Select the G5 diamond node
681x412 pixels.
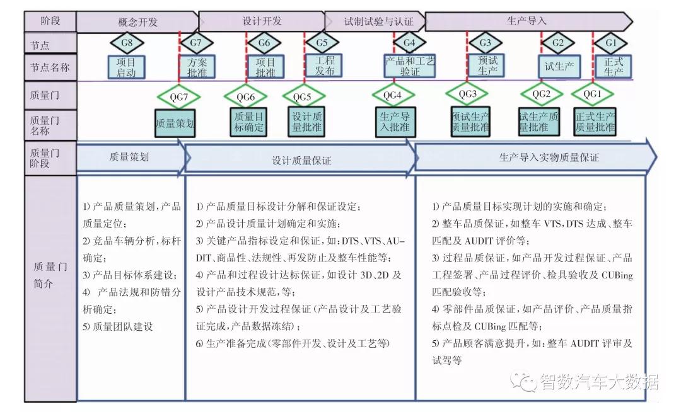pos(322,43)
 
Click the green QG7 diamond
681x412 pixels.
pos(179,97)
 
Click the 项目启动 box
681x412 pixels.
pos(126,67)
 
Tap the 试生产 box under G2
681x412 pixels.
pos(559,66)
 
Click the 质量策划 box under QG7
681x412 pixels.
pos(175,123)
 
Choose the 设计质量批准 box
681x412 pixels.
pos(307,122)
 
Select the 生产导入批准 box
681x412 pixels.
pos(395,122)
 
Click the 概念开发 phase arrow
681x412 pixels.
pos(137,21)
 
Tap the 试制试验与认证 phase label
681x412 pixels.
pos(378,21)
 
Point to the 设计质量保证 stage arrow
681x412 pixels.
pos(301,160)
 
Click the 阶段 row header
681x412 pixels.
pos(50,21)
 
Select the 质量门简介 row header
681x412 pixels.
pos(50,275)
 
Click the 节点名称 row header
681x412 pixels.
pos(50,67)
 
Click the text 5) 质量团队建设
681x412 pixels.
pos(118,326)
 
